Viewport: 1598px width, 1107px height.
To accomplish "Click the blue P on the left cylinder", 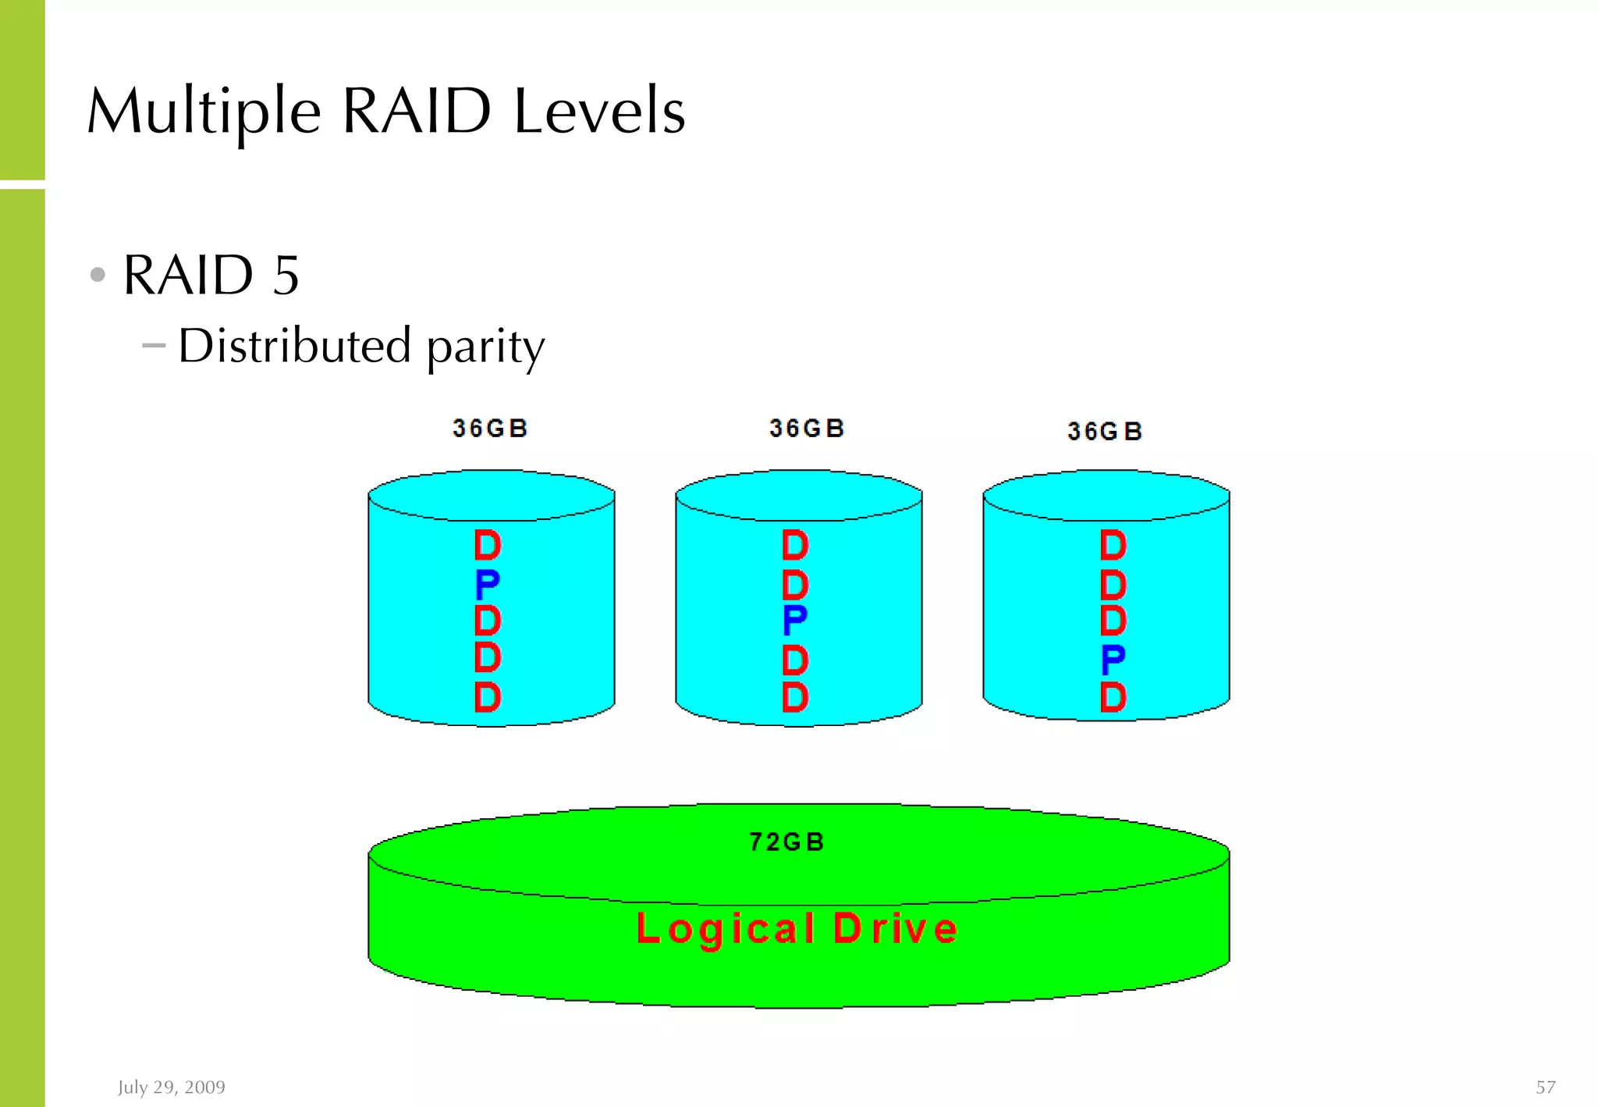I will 487,583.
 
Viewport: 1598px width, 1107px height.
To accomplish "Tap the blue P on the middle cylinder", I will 794,621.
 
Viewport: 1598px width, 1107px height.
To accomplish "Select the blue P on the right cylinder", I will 1113,660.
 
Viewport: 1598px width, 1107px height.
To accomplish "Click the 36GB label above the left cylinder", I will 490,429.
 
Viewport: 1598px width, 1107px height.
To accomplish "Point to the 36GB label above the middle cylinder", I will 807,429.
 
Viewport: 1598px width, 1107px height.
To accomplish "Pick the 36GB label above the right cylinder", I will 1105,432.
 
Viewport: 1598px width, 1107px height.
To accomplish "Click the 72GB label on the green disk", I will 787,842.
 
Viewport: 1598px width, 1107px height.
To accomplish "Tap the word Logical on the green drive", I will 726,929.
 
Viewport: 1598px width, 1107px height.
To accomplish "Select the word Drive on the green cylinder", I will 895,929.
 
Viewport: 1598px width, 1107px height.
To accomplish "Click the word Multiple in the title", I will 204,112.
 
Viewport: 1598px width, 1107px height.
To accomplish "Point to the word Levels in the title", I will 599,112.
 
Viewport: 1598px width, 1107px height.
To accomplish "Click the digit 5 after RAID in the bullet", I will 286,276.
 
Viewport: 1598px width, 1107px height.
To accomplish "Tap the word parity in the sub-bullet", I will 485,347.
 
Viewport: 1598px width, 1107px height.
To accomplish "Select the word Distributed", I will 294,345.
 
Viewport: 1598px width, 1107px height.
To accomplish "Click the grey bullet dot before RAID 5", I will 98,275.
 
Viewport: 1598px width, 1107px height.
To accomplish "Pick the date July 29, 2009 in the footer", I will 172,1087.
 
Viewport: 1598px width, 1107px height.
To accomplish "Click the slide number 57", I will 1545,1087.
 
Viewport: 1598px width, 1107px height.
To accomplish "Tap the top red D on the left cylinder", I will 487,545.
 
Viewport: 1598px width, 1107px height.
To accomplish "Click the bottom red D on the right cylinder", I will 1113,697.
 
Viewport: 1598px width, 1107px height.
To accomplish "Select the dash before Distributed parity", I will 154,344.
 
